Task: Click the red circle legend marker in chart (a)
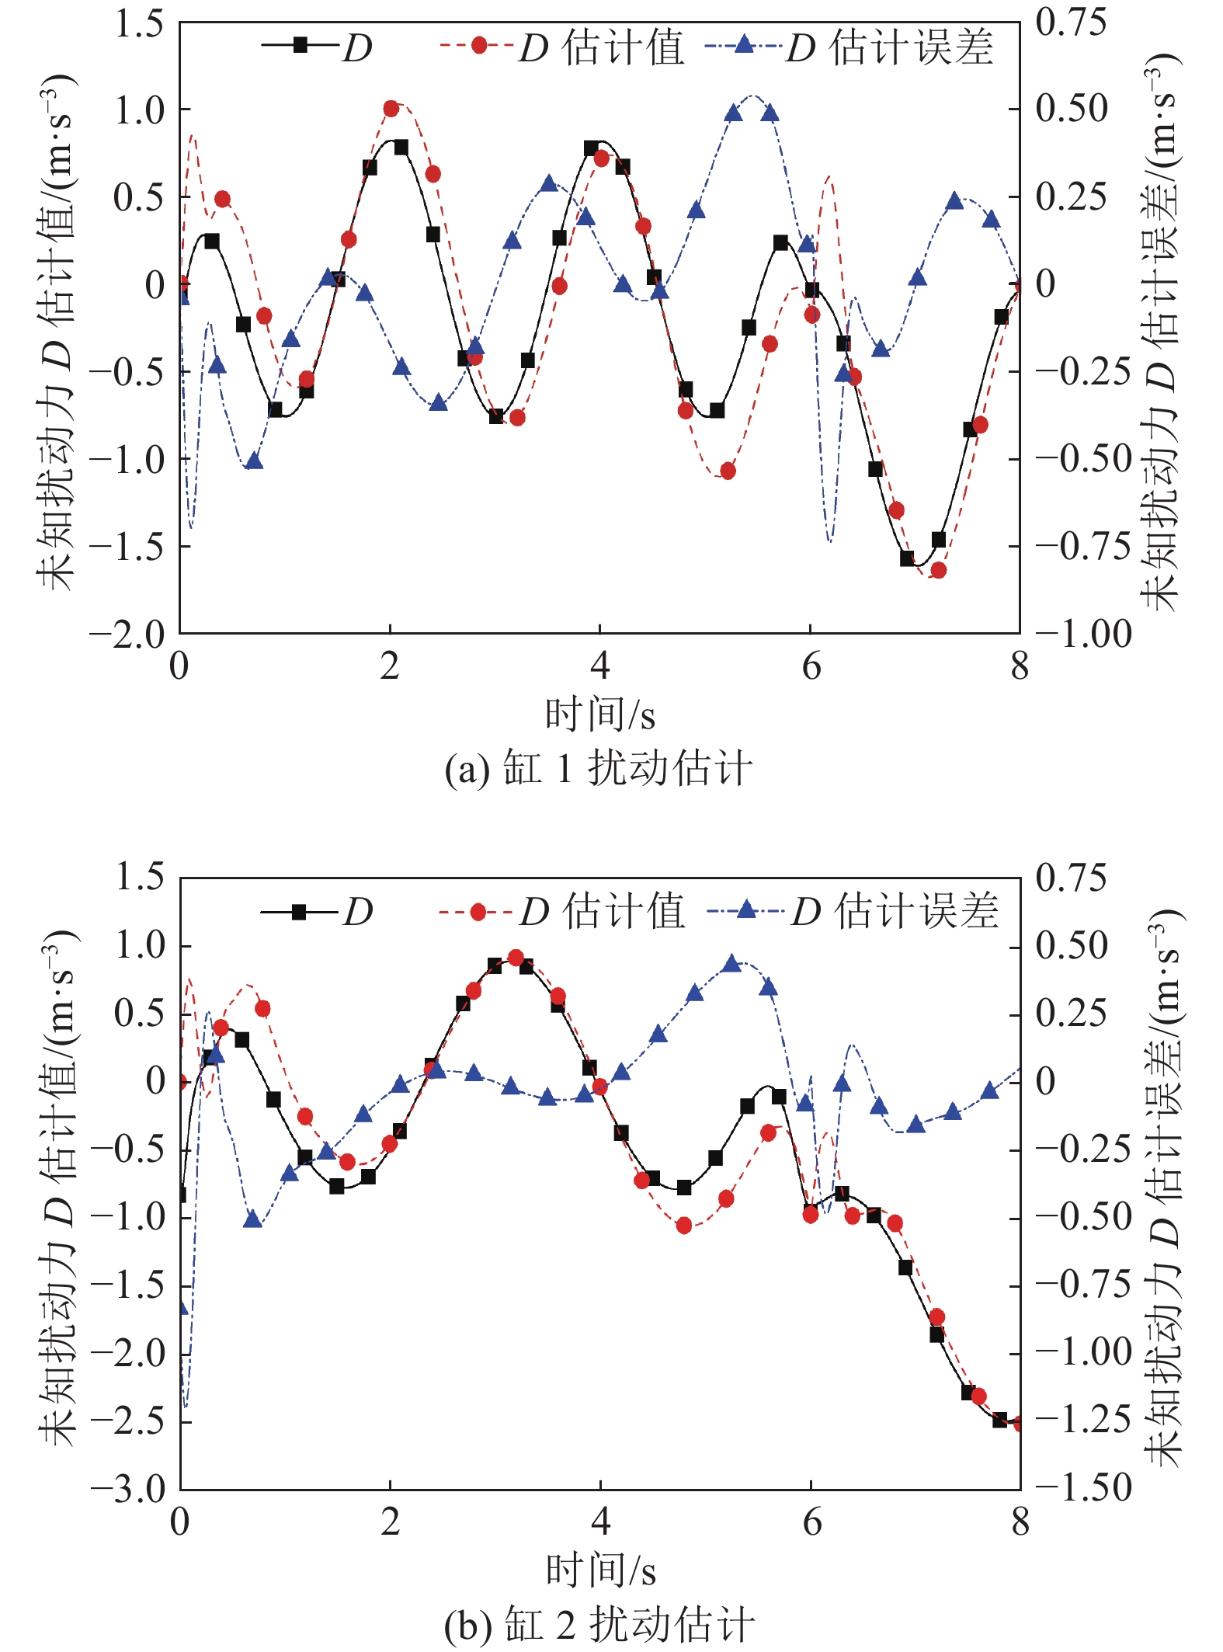[x=479, y=46]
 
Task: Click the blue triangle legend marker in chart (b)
[x=745, y=909]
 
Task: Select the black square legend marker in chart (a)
[x=301, y=46]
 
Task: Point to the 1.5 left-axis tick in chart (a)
[x=140, y=25]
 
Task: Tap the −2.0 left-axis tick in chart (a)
[x=128, y=635]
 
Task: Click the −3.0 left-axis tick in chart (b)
[x=128, y=1489]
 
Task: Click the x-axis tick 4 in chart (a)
[x=599, y=666]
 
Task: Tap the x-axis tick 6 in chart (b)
[x=811, y=1522]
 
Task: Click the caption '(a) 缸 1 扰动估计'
[x=598, y=769]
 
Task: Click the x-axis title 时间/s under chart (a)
[x=599, y=715]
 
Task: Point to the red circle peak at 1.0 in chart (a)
[x=391, y=109]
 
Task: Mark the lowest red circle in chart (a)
[x=938, y=570]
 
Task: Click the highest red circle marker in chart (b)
[x=516, y=958]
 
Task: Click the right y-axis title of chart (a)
[x=1161, y=334]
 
